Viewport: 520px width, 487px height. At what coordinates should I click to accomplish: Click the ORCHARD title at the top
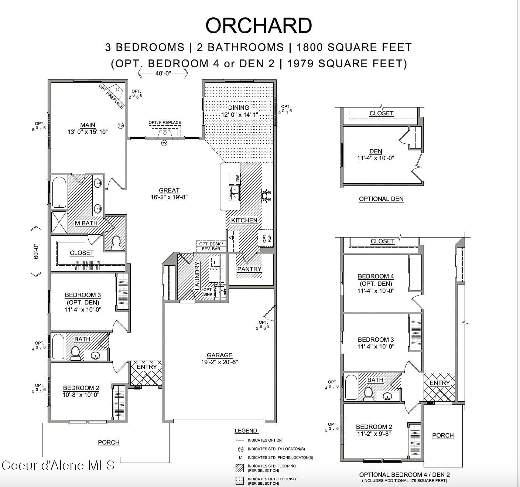(259, 25)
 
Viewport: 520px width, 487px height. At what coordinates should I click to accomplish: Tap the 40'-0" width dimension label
(163, 74)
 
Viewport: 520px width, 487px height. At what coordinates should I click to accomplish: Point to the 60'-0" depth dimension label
(37, 251)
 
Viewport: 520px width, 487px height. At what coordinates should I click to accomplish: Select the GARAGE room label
(219, 355)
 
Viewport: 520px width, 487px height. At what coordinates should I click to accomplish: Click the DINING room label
(238, 108)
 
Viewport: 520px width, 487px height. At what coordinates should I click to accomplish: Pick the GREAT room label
(169, 190)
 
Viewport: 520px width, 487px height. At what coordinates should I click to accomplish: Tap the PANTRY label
(249, 269)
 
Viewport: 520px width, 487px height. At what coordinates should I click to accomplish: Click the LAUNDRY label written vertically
(197, 276)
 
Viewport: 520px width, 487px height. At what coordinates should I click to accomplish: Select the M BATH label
(86, 223)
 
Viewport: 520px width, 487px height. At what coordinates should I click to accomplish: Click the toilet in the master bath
(116, 242)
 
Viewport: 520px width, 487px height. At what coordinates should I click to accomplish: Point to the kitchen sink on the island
(234, 193)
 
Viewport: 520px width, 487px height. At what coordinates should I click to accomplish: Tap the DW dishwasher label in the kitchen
(237, 178)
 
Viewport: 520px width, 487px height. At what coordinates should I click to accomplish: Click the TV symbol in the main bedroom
(121, 126)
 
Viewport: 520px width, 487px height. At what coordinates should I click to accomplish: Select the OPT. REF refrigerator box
(266, 238)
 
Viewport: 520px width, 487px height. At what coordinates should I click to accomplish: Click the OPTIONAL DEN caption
(381, 199)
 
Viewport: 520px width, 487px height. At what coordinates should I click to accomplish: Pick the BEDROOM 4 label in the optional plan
(376, 276)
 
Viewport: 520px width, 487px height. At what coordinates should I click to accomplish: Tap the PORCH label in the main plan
(109, 442)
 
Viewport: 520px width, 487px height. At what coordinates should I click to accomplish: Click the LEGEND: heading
(247, 430)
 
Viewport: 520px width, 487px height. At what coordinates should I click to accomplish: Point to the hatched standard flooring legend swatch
(240, 468)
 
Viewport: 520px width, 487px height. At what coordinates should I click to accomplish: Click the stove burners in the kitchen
(267, 195)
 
